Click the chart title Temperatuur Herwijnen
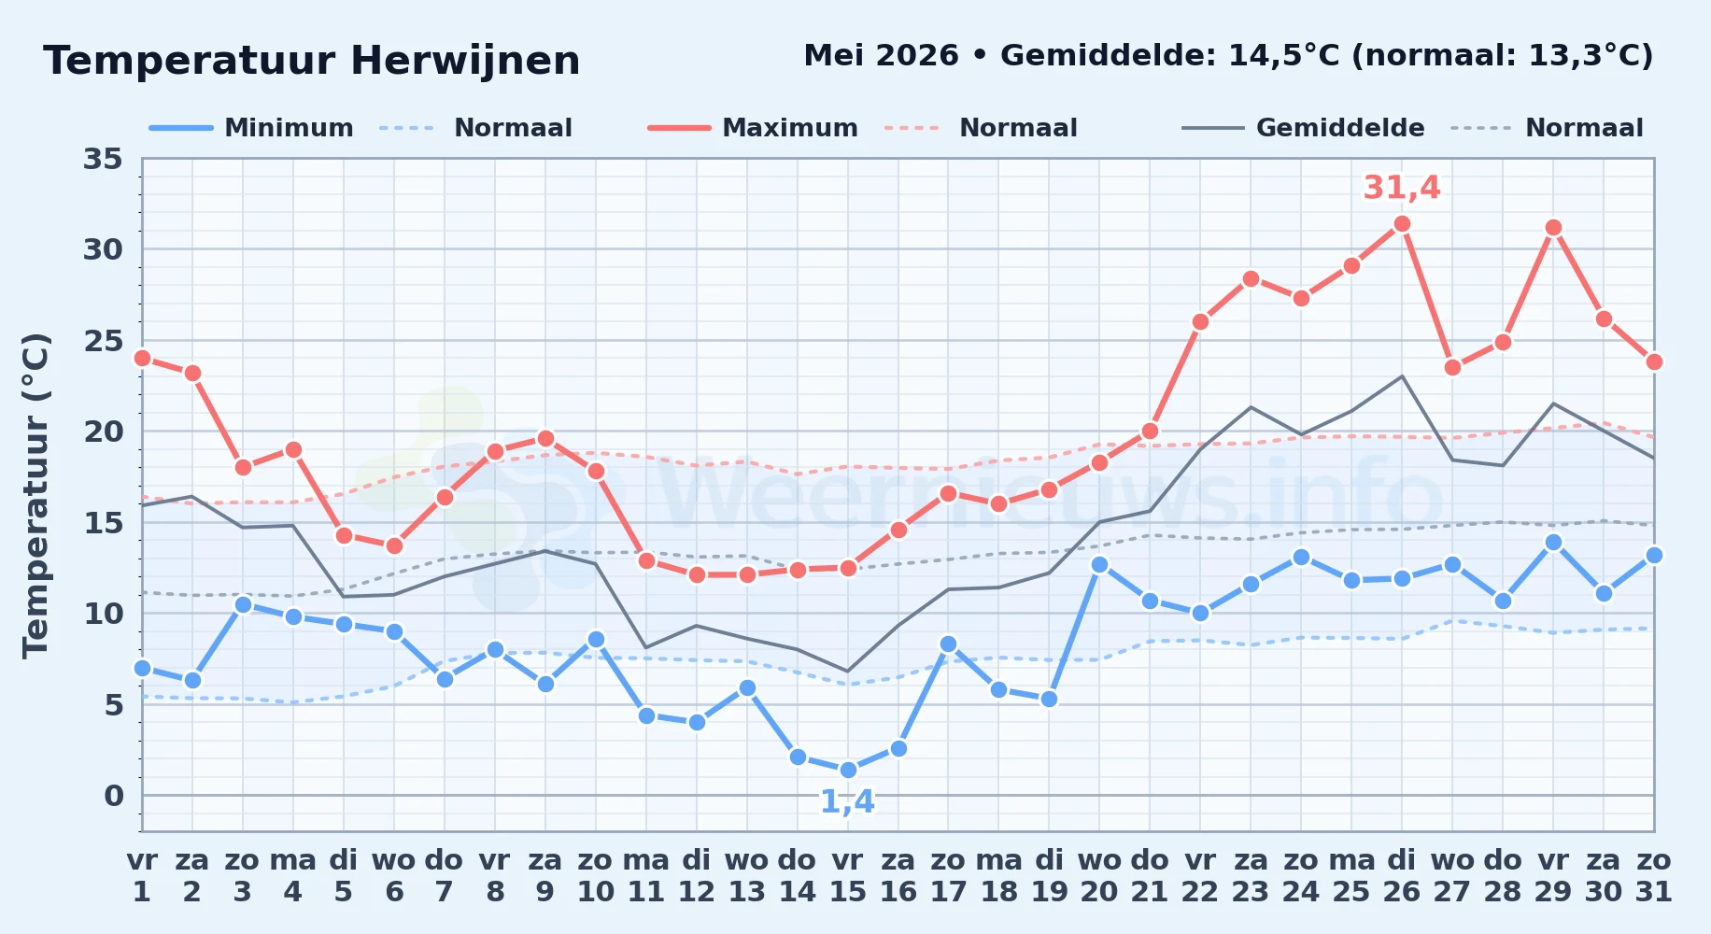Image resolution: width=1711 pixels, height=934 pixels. point(312,61)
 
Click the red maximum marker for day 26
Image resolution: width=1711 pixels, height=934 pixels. point(1402,223)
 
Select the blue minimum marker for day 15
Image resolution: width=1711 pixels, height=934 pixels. point(848,771)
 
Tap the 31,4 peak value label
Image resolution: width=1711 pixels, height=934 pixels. point(1402,188)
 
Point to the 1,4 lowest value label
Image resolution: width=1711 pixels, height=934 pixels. point(847,801)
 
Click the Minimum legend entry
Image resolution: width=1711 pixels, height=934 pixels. point(252,128)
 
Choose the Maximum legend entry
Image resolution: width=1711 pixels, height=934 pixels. point(754,128)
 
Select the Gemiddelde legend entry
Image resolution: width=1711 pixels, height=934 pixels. point(1304,128)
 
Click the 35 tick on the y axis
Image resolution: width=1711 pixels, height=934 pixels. point(103,159)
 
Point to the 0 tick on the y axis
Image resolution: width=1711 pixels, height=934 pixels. point(114,796)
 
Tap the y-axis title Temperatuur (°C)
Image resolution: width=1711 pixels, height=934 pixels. point(36,495)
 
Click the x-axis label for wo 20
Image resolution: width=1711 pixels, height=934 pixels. point(1099,876)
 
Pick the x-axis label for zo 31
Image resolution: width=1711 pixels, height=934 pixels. point(1653,876)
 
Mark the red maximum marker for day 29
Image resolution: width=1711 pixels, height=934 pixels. point(1553,227)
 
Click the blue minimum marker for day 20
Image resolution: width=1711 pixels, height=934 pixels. point(1099,564)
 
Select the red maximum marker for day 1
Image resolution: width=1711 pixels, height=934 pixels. point(142,358)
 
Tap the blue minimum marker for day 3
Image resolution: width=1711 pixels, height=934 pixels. point(243,604)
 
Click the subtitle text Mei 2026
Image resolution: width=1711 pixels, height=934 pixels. point(881,55)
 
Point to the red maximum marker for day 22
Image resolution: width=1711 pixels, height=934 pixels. point(1200,321)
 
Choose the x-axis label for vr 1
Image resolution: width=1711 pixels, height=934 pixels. point(142,876)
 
